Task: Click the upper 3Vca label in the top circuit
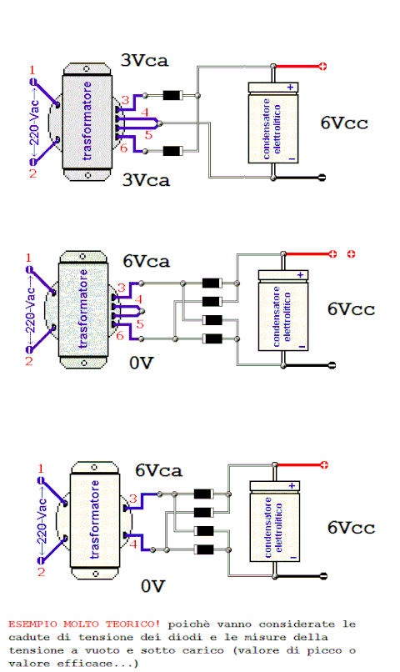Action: coord(145,60)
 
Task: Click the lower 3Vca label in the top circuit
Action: coord(146,179)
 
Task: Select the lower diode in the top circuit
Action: coord(173,151)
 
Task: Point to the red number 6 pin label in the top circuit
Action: coord(124,148)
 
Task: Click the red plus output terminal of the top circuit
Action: coord(322,67)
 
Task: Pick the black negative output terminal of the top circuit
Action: coord(322,178)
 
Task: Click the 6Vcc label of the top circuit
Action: coord(344,123)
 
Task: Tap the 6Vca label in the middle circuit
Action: coord(147,261)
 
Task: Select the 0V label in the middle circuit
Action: coord(142,363)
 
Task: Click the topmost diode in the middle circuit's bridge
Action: coord(212,283)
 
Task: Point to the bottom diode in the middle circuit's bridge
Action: coord(212,339)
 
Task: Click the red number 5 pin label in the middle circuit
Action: coord(140,324)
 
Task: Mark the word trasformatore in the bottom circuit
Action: coord(95,519)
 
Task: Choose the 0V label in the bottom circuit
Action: coord(152,586)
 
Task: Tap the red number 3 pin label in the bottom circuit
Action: coord(133,499)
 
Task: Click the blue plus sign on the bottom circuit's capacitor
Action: coord(292,485)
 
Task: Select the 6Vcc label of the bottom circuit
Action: coord(351,528)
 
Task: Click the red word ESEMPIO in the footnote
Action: coord(32,624)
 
